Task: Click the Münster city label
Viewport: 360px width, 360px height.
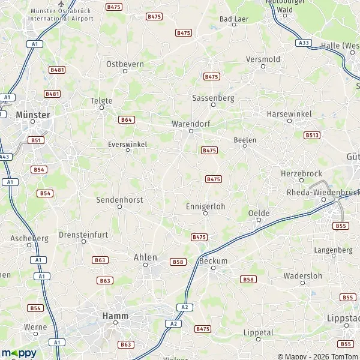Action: [x=34, y=113]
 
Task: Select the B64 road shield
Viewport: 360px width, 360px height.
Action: [x=126, y=119]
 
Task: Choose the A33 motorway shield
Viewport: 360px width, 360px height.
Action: [x=304, y=43]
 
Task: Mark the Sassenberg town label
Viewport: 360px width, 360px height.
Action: [x=212, y=97]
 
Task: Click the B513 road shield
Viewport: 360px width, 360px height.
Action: [x=311, y=135]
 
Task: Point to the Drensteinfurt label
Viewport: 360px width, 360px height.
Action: [x=83, y=234]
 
